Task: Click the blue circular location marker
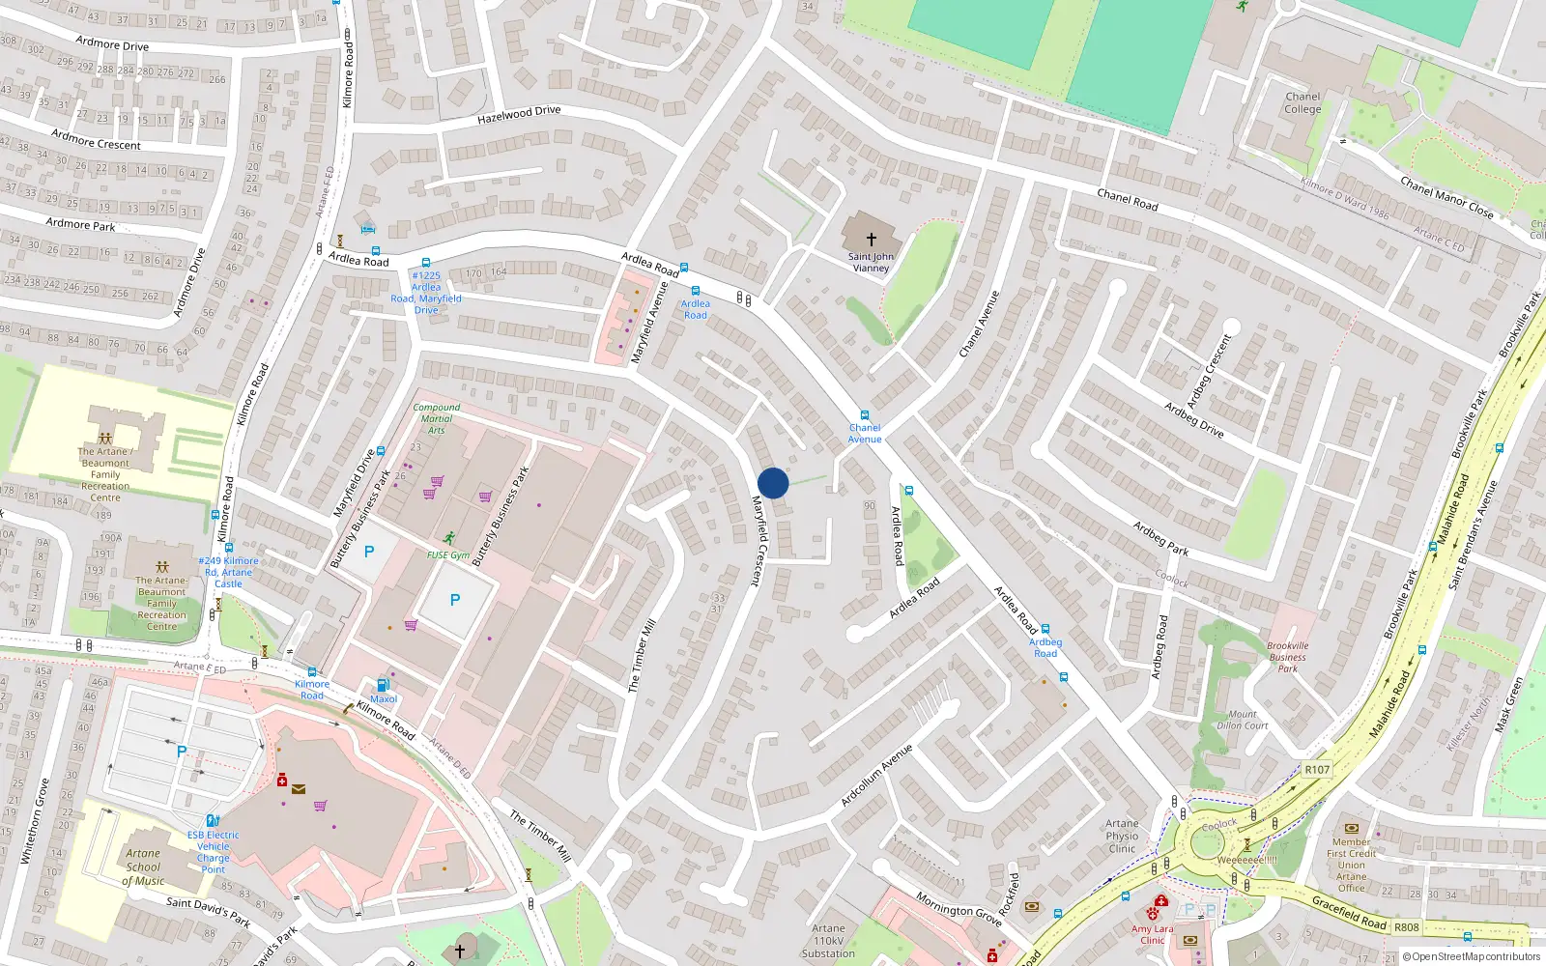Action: tap(773, 483)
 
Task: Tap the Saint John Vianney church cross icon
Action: tap(872, 239)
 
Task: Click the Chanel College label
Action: tap(1303, 102)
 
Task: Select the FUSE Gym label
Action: tap(448, 554)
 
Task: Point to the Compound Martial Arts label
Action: tap(437, 418)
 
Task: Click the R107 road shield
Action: tap(1317, 770)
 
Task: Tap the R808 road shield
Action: tap(1407, 927)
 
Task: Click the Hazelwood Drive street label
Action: tap(519, 115)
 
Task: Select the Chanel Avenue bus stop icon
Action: tap(865, 415)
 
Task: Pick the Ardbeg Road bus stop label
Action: tap(1045, 647)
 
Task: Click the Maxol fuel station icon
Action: tap(384, 685)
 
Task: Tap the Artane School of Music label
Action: tap(143, 867)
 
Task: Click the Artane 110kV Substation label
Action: tap(828, 941)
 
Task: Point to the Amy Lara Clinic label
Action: tap(1153, 934)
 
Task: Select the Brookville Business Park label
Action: tap(1288, 657)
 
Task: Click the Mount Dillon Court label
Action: tap(1243, 720)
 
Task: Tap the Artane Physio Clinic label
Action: tap(1122, 836)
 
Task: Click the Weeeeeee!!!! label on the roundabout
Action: tap(1246, 860)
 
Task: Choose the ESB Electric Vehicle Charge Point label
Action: tap(214, 852)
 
